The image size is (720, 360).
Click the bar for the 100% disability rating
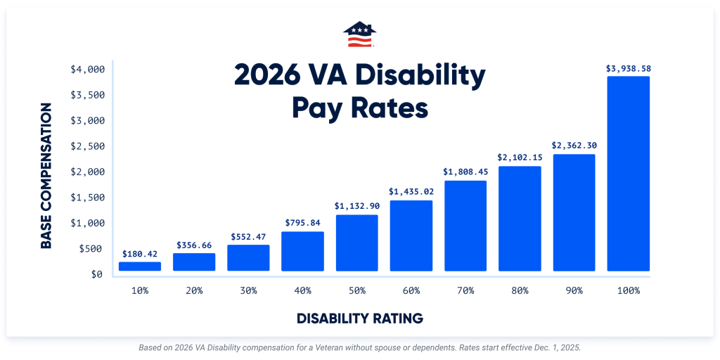[628, 174]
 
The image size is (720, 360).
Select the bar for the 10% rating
[140, 266]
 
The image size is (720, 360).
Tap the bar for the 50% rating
[356, 243]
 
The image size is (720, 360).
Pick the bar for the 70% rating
[465, 226]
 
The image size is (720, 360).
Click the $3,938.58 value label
[628, 69]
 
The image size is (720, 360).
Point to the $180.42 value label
[140, 254]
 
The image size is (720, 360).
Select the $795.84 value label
[302, 223]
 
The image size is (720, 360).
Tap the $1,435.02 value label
[411, 191]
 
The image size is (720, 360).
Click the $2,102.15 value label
[520, 157]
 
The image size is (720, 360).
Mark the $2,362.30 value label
[574, 146]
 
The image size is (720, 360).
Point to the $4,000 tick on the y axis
[88, 70]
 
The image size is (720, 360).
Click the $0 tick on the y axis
[96, 274]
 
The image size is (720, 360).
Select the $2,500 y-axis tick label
[88, 146]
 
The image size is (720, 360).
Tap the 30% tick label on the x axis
[248, 290]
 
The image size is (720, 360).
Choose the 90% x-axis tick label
[574, 290]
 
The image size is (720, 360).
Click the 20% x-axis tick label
[194, 290]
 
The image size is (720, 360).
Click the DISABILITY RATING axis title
[360, 319]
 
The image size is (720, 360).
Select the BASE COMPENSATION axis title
[46, 176]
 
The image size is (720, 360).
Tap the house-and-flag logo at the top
[359, 34]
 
